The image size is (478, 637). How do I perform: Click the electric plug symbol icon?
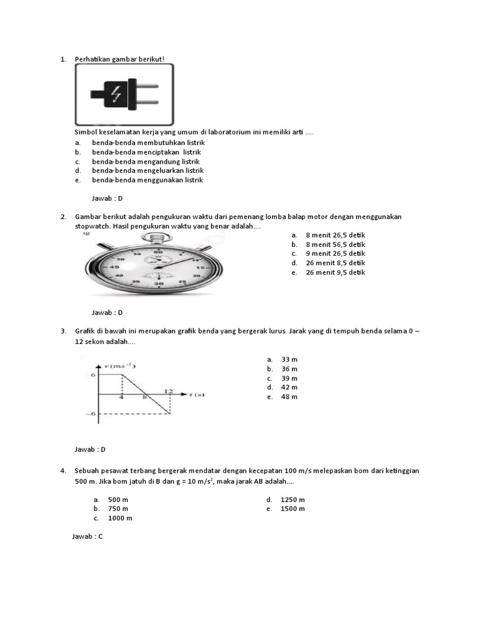[x=124, y=95]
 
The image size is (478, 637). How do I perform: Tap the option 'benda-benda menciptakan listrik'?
[x=146, y=152]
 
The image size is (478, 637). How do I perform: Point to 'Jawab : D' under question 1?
[x=107, y=198]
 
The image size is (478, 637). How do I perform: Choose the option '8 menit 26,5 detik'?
[x=335, y=235]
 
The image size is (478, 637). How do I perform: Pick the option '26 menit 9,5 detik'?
[x=335, y=272]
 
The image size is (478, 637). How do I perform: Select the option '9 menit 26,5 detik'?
[x=335, y=253]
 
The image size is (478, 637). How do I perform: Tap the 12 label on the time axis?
[x=168, y=391]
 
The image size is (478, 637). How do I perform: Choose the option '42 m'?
[x=289, y=387]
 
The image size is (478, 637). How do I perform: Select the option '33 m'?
[x=289, y=360]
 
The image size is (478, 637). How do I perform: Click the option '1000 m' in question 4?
[x=119, y=518]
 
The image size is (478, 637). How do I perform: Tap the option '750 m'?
[x=118, y=508]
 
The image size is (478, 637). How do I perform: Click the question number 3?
[x=63, y=331]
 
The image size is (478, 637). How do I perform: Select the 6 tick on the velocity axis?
[x=93, y=375]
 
